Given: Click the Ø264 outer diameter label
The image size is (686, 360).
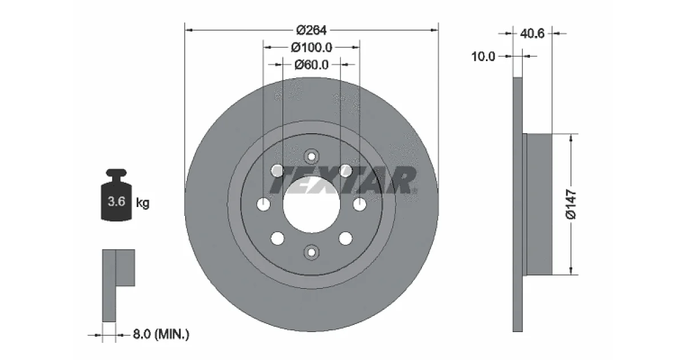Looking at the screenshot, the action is pos(312,30).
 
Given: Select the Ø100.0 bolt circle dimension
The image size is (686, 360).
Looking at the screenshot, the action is pos(312,47).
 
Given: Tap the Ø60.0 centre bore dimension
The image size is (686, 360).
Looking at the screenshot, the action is pos(312,65).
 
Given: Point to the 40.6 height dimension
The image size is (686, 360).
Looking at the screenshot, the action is pos(532,33).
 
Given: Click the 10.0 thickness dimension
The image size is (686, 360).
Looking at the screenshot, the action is pos(483,57).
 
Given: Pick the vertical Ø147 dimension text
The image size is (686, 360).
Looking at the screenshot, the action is pos(571,205).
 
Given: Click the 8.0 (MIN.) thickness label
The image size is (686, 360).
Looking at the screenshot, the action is pos(161,334).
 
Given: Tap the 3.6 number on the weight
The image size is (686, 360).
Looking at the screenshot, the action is pos(117,201).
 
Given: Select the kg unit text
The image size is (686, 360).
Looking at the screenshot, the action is pos(143,203).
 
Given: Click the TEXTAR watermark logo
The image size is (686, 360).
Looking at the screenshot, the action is pos(343,181).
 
